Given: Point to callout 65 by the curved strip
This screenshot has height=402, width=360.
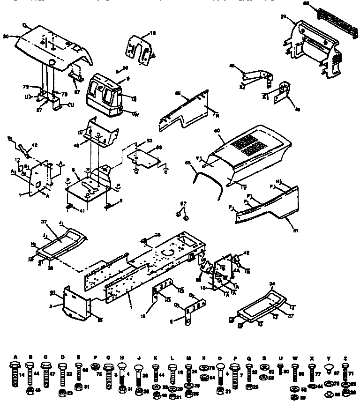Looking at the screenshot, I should (187, 163).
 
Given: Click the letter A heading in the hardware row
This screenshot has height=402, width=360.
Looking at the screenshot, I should (15, 357).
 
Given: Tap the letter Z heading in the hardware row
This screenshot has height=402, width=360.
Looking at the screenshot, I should (345, 357).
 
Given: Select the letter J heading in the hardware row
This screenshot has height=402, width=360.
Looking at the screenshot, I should (139, 357).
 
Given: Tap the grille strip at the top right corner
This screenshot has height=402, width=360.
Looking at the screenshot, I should (334, 11).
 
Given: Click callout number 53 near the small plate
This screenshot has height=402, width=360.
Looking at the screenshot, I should (150, 140).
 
